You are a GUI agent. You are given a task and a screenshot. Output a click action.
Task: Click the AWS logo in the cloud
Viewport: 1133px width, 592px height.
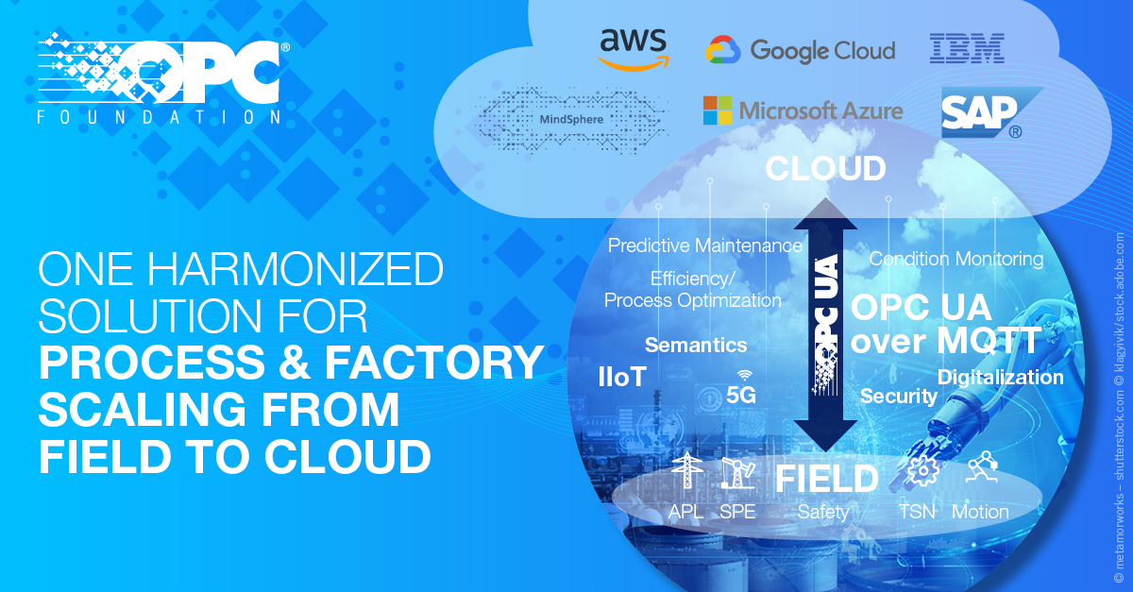(x=633, y=49)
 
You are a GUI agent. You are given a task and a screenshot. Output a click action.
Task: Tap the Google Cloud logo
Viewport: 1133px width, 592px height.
(x=800, y=50)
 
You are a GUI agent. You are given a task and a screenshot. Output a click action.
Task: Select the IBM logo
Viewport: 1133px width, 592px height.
(x=967, y=48)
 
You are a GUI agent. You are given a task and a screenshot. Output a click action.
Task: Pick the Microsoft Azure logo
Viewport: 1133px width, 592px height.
(x=802, y=110)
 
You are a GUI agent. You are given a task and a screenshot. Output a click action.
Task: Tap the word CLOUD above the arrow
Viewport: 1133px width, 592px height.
(x=825, y=169)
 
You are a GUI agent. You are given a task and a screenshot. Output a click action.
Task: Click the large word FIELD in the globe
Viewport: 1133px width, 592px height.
(x=826, y=479)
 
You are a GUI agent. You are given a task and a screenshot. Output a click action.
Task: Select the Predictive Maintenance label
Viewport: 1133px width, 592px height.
(x=704, y=245)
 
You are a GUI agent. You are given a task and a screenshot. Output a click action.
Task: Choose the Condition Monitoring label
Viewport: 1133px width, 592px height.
(x=955, y=258)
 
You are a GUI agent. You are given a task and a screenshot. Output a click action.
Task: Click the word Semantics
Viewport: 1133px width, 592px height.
(x=696, y=345)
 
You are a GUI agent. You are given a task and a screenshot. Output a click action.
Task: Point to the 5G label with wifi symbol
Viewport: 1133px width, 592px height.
(x=741, y=390)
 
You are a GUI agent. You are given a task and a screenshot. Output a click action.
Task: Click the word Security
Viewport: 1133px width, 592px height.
(x=898, y=396)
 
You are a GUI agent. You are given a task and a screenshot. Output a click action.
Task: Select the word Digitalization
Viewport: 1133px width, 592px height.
(x=1000, y=378)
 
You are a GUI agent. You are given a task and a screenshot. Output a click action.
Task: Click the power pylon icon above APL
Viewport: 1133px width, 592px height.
(x=686, y=471)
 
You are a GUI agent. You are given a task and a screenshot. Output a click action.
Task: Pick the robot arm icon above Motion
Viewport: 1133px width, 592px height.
(x=982, y=467)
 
